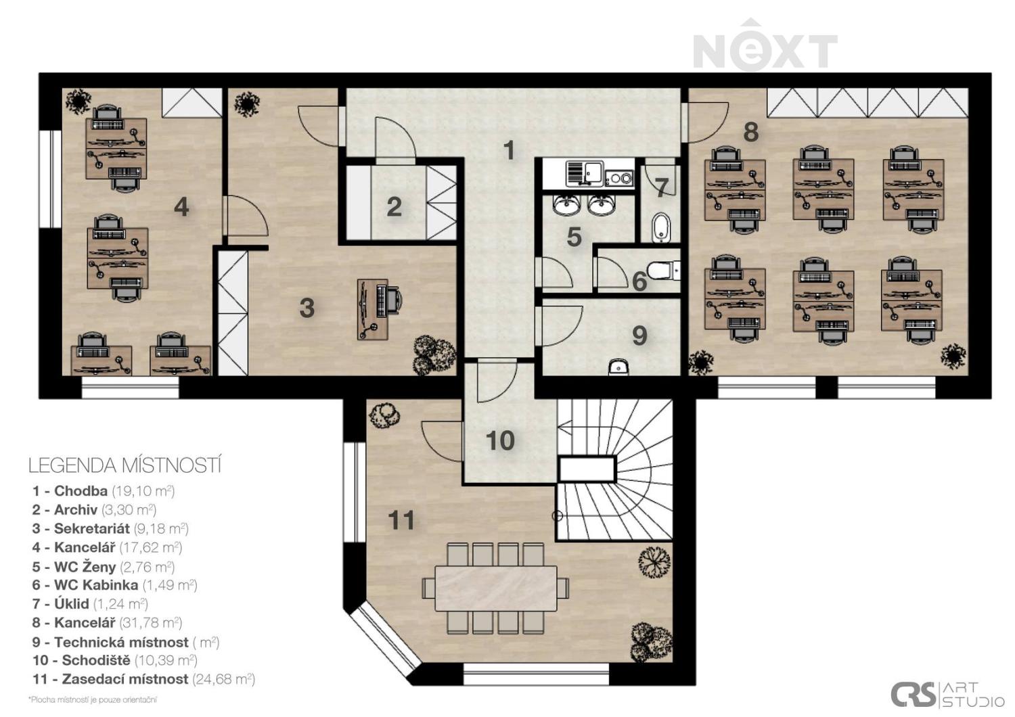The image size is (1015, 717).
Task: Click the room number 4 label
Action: coord(181,208)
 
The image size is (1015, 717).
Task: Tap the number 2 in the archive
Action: coord(394,207)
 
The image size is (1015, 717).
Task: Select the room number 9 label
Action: coord(639,336)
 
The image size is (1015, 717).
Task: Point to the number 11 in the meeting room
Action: coord(401,520)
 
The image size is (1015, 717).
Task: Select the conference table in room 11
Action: coord(496,588)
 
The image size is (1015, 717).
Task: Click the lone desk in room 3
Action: coord(372,309)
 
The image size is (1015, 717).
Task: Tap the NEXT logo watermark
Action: coord(765,45)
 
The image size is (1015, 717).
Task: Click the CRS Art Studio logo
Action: coord(947,694)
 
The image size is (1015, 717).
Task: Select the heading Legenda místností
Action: coord(125,465)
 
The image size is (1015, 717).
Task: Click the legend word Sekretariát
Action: coord(92,528)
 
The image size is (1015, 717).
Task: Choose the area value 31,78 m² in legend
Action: coord(150,623)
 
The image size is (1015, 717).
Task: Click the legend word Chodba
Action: coord(81,491)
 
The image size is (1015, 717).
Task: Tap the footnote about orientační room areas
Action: coord(93,700)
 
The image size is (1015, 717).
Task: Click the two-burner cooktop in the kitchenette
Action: coord(618,177)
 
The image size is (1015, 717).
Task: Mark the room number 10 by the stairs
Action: coord(500,440)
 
